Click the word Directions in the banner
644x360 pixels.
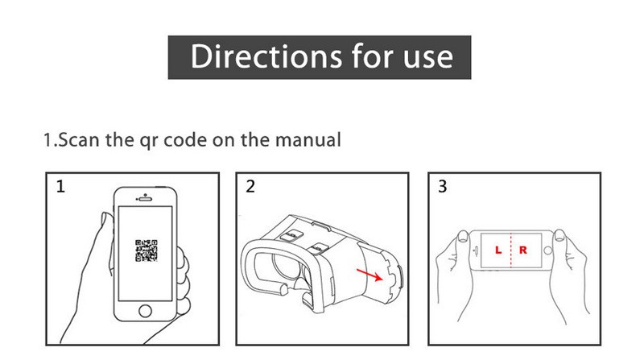pos(266,56)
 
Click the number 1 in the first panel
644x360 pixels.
pos(60,187)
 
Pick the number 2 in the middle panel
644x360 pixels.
pos(250,186)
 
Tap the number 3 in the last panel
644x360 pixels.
pos(442,186)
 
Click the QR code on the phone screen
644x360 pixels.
pos(147,250)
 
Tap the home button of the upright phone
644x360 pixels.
pos(145,311)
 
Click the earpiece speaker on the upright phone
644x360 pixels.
pos(145,199)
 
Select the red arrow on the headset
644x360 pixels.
pos(369,275)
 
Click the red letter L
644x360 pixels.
pos(497,250)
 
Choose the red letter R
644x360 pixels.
pos(522,250)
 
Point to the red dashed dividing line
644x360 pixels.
pos(511,250)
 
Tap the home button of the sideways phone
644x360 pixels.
pos(547,250)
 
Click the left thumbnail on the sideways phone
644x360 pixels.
pos(464,236)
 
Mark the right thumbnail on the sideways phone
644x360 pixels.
pos(559,235)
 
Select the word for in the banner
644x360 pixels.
pos(372,56)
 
